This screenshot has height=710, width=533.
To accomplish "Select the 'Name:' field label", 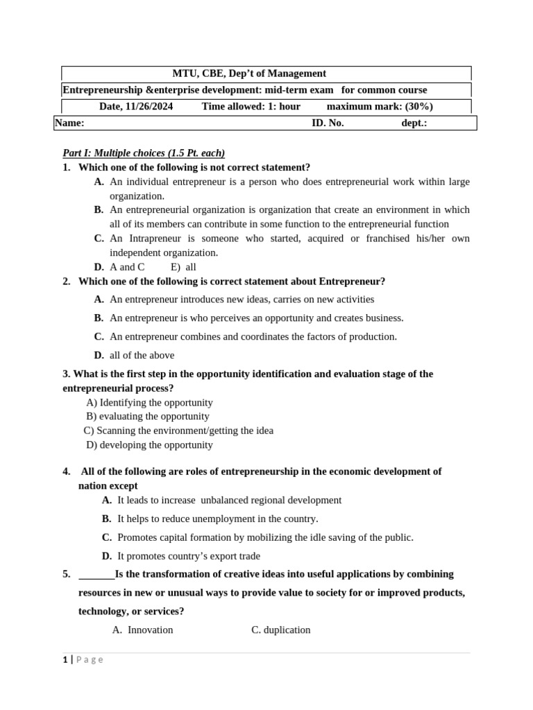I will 69,123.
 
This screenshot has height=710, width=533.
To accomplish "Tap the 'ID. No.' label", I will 328,123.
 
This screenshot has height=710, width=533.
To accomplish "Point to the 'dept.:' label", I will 414,123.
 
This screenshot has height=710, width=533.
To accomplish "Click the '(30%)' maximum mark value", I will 419,107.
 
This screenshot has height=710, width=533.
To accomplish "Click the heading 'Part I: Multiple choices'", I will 144,153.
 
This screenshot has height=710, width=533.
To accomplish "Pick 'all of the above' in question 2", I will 142,355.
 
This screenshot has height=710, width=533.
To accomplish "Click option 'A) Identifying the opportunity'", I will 149,402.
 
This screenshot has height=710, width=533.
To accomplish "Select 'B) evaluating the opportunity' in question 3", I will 148,417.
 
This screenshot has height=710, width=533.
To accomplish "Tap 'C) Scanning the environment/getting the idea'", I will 178,431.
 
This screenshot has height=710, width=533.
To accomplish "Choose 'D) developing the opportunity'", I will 149,445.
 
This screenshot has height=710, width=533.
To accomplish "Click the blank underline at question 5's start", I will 96,575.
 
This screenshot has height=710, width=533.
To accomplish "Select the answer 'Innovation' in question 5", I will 151,630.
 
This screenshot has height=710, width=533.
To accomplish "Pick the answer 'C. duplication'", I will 281,630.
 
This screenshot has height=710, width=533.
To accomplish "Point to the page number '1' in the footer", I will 65,660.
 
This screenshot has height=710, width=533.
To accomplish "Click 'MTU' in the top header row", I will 185,73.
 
